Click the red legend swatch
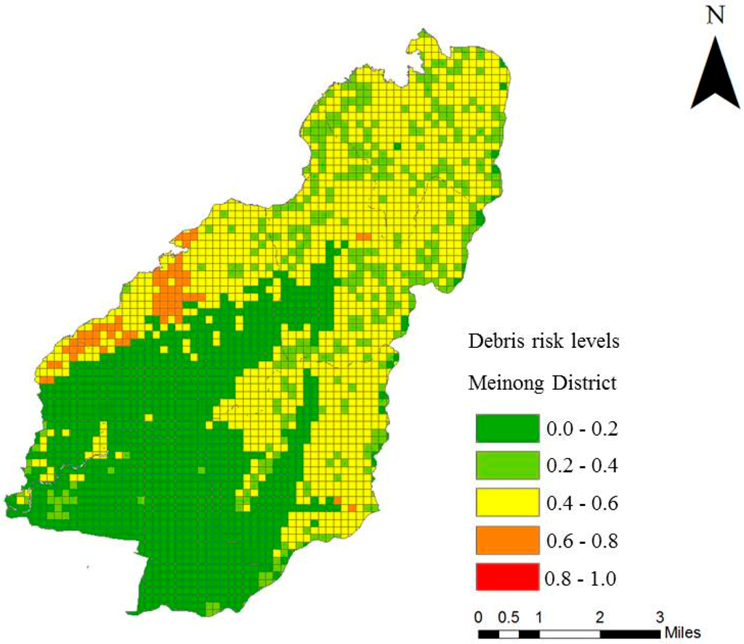pos(506,577)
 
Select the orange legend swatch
pos(506,539)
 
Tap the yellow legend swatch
pos(506,502)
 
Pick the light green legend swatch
pos(506,465)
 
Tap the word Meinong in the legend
pos(504,383)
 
